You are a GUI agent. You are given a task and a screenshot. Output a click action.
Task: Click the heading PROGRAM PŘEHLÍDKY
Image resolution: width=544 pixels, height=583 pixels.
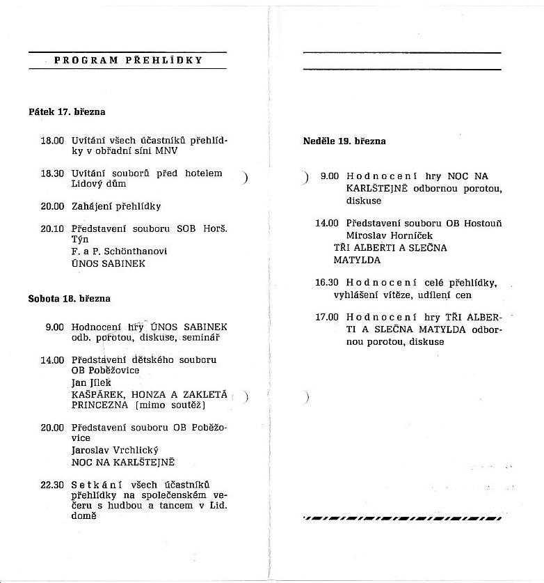click(128, 60)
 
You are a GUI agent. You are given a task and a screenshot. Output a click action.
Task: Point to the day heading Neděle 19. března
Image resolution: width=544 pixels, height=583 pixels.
click(344, 141)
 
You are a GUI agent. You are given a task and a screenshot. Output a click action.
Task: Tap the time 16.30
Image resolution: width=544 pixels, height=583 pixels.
click(327, 283)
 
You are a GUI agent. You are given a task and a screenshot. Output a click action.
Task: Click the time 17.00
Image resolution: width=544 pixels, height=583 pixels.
click(327, 317)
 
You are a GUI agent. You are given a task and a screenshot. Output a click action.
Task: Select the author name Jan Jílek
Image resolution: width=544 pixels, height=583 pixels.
click(92, 382)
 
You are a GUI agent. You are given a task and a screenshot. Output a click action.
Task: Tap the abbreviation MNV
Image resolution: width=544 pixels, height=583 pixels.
click(168, 150)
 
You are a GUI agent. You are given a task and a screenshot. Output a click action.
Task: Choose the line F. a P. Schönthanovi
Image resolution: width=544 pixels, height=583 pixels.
click(119, 251)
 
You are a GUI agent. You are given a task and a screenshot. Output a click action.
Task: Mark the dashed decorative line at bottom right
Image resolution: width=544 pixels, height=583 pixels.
click(402, 518)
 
